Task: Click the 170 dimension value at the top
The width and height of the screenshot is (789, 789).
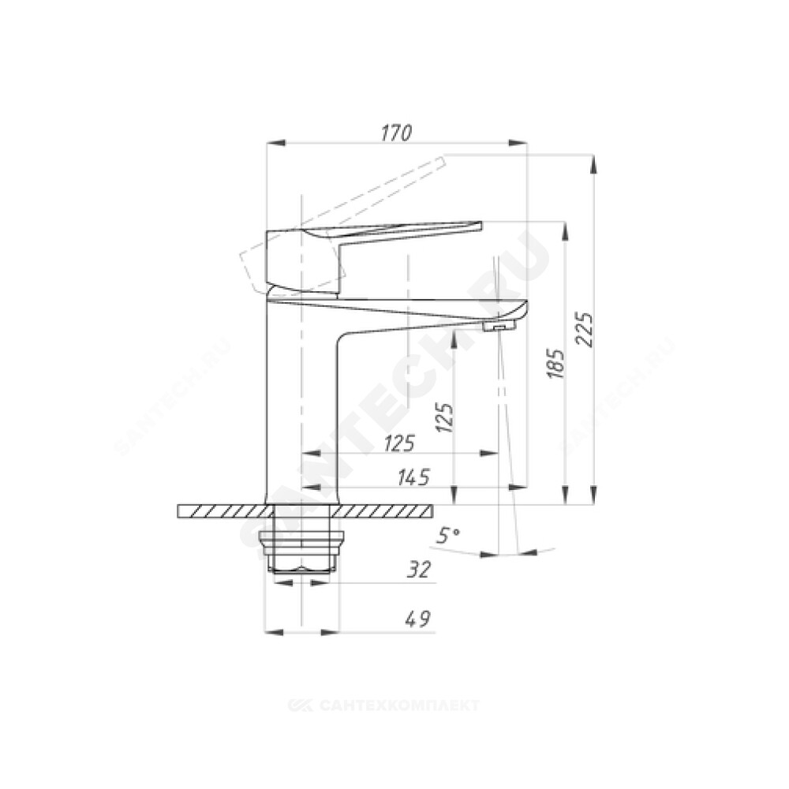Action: coord(397,133)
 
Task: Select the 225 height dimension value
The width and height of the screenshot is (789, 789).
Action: coord(585,330)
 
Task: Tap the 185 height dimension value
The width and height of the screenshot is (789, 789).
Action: coord(556,363)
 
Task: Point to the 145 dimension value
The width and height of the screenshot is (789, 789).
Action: coord(413,477)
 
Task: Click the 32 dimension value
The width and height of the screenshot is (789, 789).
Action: coord(419,570)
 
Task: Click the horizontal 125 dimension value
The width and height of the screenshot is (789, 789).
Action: coord(399,443)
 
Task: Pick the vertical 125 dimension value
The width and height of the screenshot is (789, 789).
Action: coord(445,417)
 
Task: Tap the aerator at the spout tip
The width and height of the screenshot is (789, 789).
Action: coord(499,327)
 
